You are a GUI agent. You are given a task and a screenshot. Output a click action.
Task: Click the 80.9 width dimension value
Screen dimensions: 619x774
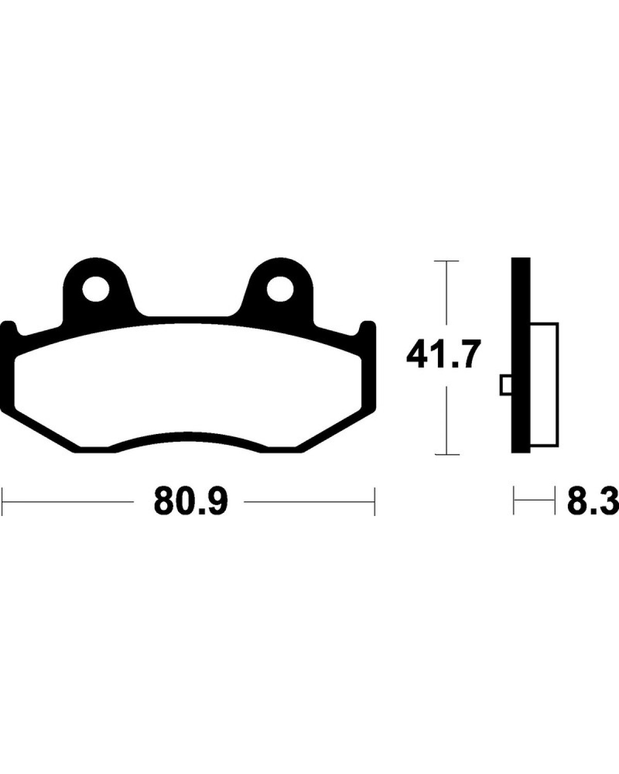point(191,502)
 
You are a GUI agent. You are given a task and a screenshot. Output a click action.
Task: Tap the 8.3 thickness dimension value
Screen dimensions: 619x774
point(593,502)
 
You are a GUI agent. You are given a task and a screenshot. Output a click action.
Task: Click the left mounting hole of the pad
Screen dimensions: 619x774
point(95,289)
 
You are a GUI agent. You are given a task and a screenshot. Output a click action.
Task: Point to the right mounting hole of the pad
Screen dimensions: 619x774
point(280,289)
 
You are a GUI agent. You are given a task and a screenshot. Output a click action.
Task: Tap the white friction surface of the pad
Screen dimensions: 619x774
point(187,385)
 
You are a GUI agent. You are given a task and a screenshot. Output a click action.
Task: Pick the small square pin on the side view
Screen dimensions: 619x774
point(506,385)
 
